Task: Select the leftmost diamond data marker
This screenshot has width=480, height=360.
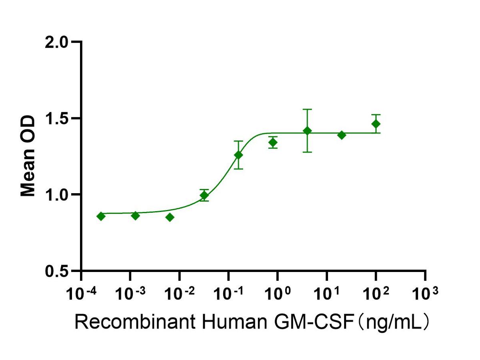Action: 101,216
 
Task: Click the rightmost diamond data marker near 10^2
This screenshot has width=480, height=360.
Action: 376,124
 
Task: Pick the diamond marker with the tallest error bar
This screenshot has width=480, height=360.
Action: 307,131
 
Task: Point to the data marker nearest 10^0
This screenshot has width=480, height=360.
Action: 273,142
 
